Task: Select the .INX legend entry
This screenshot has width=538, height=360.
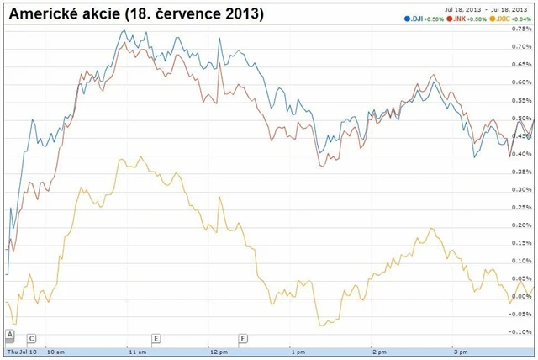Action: coord(459,19)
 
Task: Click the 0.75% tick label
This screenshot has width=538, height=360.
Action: coord(522,29)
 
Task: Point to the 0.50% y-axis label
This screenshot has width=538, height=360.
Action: coord(522,118)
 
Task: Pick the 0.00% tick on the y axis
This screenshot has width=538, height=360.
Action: coord(522,296)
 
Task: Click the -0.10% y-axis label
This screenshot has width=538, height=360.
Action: coord(521,331)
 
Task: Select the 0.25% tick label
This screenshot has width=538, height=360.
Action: coord(522,207)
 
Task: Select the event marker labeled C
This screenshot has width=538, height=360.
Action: coord(32,339)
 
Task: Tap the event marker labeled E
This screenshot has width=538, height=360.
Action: coord(156,339)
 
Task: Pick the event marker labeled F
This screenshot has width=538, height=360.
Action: coord(243,339)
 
